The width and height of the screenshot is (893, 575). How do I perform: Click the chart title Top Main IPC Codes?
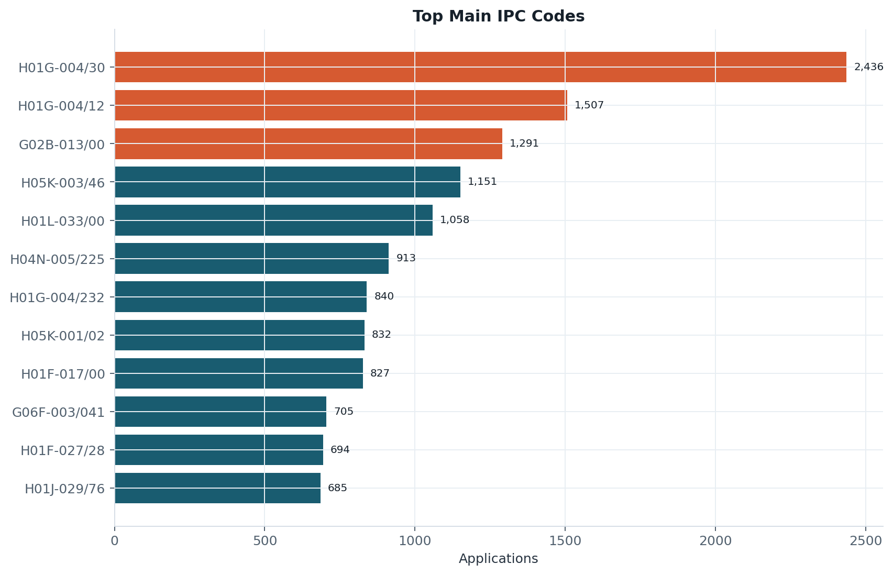(x=498, y=16)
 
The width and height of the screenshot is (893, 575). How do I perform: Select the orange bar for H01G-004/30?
(x=480, y=67)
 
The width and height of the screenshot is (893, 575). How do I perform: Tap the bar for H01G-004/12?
(x=341, y=105)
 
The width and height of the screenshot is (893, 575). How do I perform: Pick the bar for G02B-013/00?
(x=308, y=143)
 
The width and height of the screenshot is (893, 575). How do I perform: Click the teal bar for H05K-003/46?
(x=288, y=182)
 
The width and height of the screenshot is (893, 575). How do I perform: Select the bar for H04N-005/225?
(x=251, y=259)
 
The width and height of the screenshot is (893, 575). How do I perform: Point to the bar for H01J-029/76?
(x=218, y=488)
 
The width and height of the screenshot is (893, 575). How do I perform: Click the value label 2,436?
(x=869, y=67)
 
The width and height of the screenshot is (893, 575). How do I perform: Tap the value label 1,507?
(x=589, y=105)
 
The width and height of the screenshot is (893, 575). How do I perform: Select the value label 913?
(x=406, y=258)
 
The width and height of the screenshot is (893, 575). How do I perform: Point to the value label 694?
(x=340, y=449)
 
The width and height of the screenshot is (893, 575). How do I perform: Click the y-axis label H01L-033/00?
(x=63, y=221)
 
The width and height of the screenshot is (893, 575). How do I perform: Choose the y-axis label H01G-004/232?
(x=57, y=297)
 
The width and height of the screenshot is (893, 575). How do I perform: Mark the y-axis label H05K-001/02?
(x=63, y=336)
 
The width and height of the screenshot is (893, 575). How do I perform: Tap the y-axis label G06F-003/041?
(x=58, y=413)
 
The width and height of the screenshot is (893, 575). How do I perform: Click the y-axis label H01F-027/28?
(x=63, y=451)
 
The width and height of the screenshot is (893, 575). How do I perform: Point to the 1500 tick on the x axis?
(x=565, y=541)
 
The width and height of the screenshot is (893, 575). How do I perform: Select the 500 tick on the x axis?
(x=264, y=541)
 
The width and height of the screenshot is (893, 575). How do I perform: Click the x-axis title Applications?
(x=498, y=559)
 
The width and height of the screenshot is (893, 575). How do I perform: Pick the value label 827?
(x=380, y=373)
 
